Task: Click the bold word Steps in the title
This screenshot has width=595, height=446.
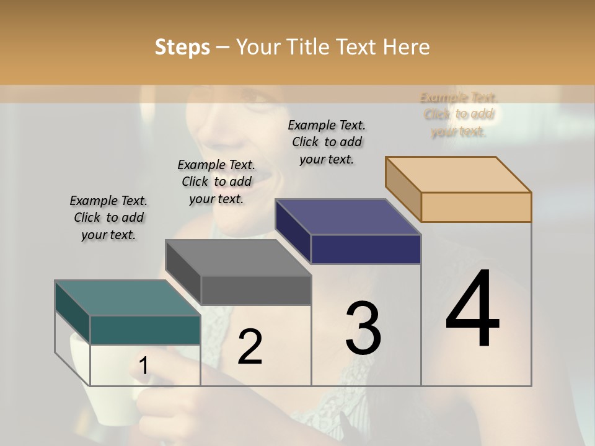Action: [182, 47]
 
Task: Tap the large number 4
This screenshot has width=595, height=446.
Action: [472, 310]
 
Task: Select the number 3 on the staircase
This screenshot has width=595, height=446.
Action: [363, 328]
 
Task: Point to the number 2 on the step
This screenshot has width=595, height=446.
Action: [250, 347]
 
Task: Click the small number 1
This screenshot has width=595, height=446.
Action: [143, 366]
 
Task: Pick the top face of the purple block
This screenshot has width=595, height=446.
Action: [347, 217]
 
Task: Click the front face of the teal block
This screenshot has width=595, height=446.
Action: [145, 330]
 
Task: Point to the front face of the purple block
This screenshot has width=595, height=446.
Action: [366, 249]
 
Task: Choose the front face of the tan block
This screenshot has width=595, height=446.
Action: [476, 207]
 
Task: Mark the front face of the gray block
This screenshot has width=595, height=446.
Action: [255, 290]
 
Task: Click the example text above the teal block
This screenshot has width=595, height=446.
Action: [108, 217]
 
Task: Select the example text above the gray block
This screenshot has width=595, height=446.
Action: [216, 181]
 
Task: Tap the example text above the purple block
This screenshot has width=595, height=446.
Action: [327, 142]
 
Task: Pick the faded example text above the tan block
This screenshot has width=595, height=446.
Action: [459, 115]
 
